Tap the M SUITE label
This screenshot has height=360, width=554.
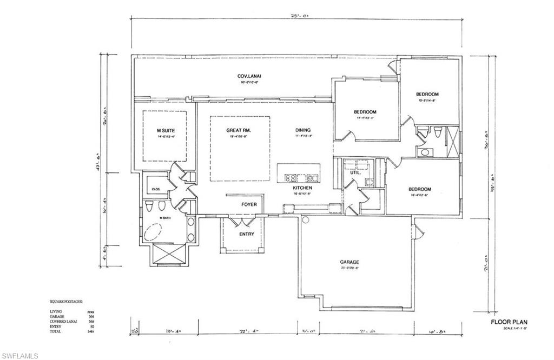166,130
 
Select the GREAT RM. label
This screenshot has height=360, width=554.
239,130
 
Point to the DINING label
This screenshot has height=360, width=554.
303,130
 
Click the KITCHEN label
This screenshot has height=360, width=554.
303,187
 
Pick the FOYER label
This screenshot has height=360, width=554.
248,204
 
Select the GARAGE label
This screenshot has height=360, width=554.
349,262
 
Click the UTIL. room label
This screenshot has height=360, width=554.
355,172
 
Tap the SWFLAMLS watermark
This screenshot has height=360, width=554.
19,355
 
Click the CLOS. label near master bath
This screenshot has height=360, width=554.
156,189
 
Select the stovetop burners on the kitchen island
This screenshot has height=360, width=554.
290,177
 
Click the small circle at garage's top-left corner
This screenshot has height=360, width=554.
305,220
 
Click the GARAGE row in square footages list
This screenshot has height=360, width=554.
57,316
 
